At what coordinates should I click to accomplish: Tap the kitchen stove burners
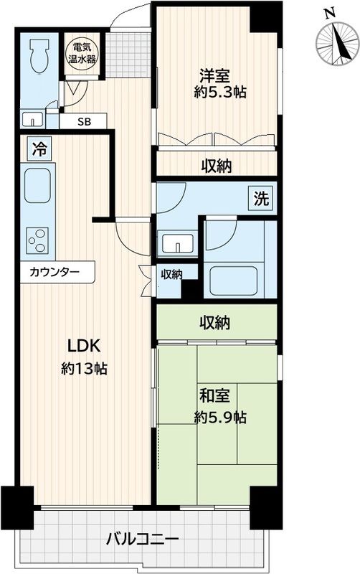click(37, 238)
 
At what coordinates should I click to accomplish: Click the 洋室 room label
click(215, 74)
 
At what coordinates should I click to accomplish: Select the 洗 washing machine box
click(260, 199)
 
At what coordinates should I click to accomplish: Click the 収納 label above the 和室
click(215, 324)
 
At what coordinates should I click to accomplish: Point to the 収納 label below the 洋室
click(216, 166)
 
